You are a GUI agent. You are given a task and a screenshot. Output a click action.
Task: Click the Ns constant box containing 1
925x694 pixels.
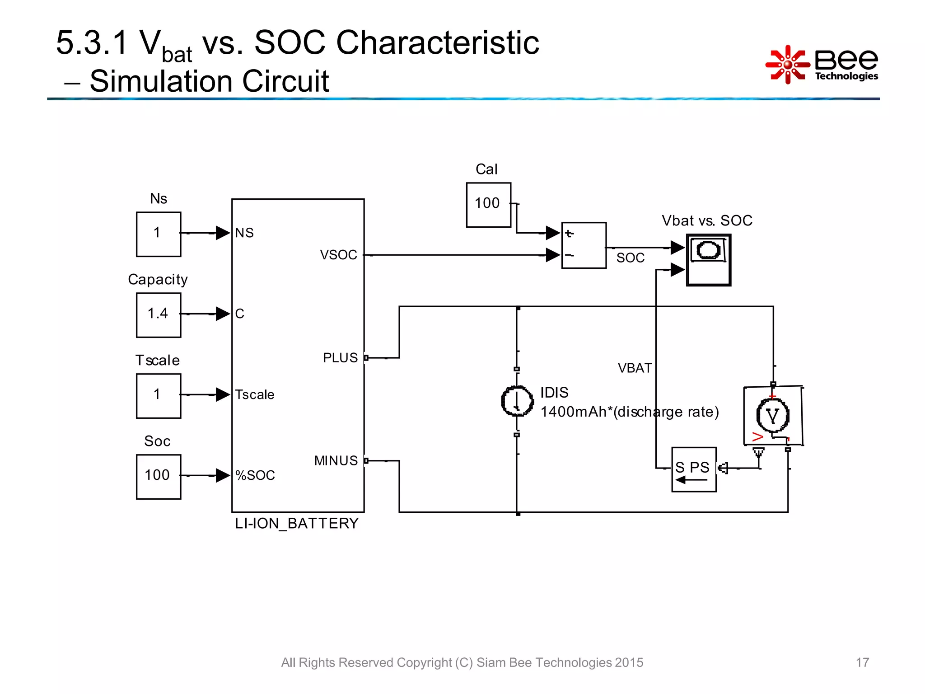tap(159, 234)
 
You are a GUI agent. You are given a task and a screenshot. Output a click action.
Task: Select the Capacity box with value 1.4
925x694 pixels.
tap(159, 315)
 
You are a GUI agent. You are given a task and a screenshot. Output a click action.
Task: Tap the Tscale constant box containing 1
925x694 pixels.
tap(159, 396)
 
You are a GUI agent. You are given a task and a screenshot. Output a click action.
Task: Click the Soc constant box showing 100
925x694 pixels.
tap(159, 477)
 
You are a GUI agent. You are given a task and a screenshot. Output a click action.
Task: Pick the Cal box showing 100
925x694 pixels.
tap(488, 205)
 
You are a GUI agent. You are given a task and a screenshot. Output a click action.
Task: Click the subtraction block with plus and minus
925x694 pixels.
tap(584, 245)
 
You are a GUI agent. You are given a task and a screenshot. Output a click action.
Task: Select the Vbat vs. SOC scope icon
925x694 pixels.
tap(708, 260)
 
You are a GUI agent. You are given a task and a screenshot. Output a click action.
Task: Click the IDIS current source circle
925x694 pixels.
tap(517, 401)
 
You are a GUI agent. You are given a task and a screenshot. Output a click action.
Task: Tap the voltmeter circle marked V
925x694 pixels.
tap(772, 416)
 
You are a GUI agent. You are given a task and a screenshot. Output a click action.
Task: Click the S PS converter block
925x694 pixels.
tap(694, 469)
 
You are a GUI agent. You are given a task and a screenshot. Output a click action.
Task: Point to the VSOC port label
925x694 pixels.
tap(338, 255)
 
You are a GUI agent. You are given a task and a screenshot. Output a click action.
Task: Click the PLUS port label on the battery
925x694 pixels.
tap(340, 358)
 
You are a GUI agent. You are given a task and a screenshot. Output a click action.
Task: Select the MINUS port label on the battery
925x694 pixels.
tap(336, 461)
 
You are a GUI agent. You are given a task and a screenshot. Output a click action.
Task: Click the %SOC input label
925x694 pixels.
tap(255, 475)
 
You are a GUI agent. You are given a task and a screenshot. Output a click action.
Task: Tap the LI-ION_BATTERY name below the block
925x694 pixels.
tap(296, 523)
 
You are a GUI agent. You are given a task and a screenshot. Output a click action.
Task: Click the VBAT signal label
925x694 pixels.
tap(635, 368)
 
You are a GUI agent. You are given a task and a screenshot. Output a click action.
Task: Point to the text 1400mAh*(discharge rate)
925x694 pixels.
tap(630, 412)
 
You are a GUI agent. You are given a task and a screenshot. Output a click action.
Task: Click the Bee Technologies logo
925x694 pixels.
tap(822, 65)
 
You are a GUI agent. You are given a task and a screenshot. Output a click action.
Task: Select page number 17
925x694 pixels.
tap(862, 662)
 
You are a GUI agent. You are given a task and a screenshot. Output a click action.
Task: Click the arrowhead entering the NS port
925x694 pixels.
tap(223, 233)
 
